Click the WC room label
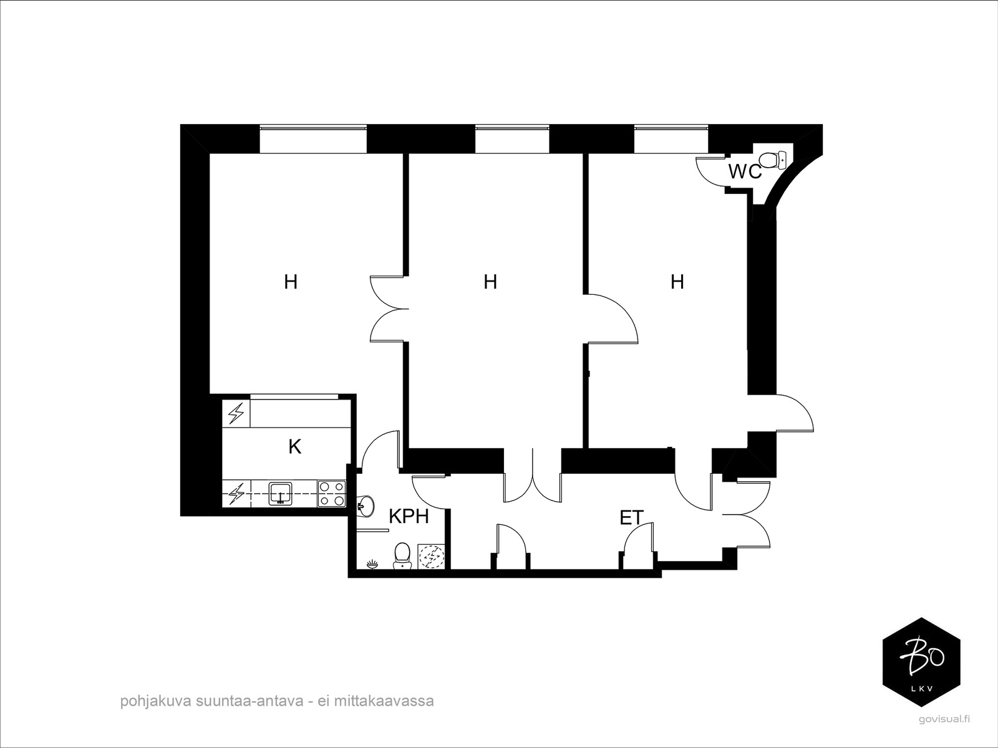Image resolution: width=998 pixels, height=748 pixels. [x=745, y=171]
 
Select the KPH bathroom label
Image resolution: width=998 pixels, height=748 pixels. [x=409, y=516]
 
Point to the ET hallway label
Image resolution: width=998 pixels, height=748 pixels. [x=631, y=518]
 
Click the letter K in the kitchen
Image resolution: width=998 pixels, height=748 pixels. [x=294, y=447]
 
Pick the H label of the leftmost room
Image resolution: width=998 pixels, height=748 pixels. [x=291, y=282]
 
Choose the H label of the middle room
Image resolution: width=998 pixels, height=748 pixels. [x=490, y=282]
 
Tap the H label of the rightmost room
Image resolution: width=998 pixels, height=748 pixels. [x=677, y=282]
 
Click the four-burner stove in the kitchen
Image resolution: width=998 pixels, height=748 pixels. [x=331, y=494]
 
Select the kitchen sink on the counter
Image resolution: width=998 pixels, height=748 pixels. [x=281, y=494]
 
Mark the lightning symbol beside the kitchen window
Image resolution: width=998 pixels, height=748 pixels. [x=236, y=413]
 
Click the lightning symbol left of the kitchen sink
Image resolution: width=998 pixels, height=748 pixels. [x=236, y=494]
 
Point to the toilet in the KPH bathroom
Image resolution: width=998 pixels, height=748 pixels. [x=402, y=556]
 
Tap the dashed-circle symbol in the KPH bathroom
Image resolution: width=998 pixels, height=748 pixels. [x=431, y=557]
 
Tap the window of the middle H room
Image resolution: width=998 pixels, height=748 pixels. [x=513, y=139]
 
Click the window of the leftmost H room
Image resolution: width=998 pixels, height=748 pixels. [x=313, y=139]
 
